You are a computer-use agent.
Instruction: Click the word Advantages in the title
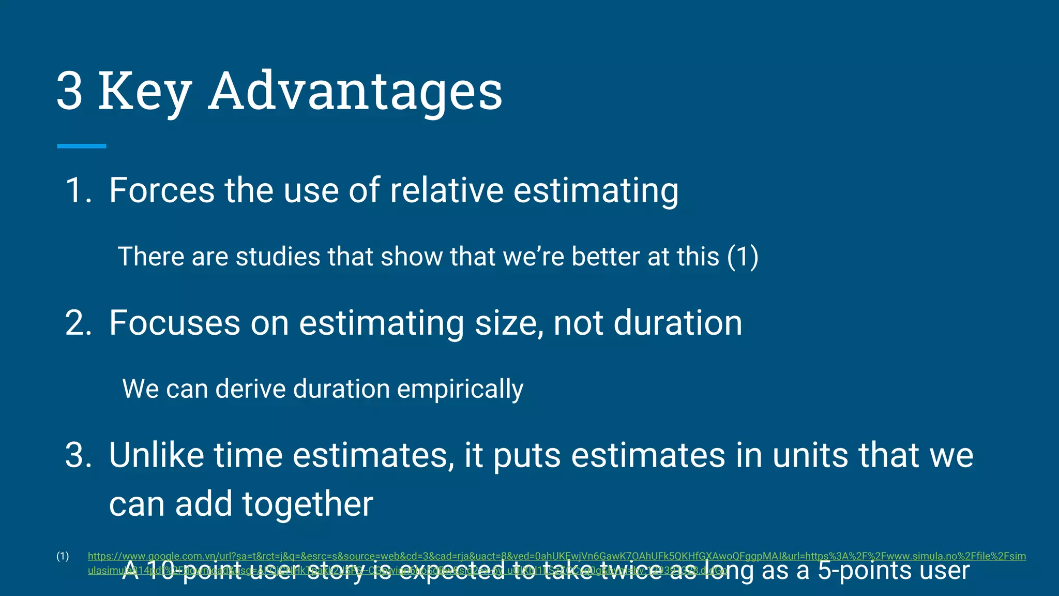(355, 91)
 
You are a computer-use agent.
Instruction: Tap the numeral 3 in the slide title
(69, 91)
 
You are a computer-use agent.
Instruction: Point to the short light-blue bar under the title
(82, 146)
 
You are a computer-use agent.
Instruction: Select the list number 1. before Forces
(79, 190)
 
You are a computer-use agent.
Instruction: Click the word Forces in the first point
(161, 190)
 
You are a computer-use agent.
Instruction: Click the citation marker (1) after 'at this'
(743, 257)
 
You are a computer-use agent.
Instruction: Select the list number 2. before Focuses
(79, 323)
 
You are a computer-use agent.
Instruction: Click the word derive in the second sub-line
(250, 389)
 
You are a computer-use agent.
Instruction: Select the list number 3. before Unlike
(79, 455)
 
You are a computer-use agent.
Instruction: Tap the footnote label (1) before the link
(63, 556)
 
